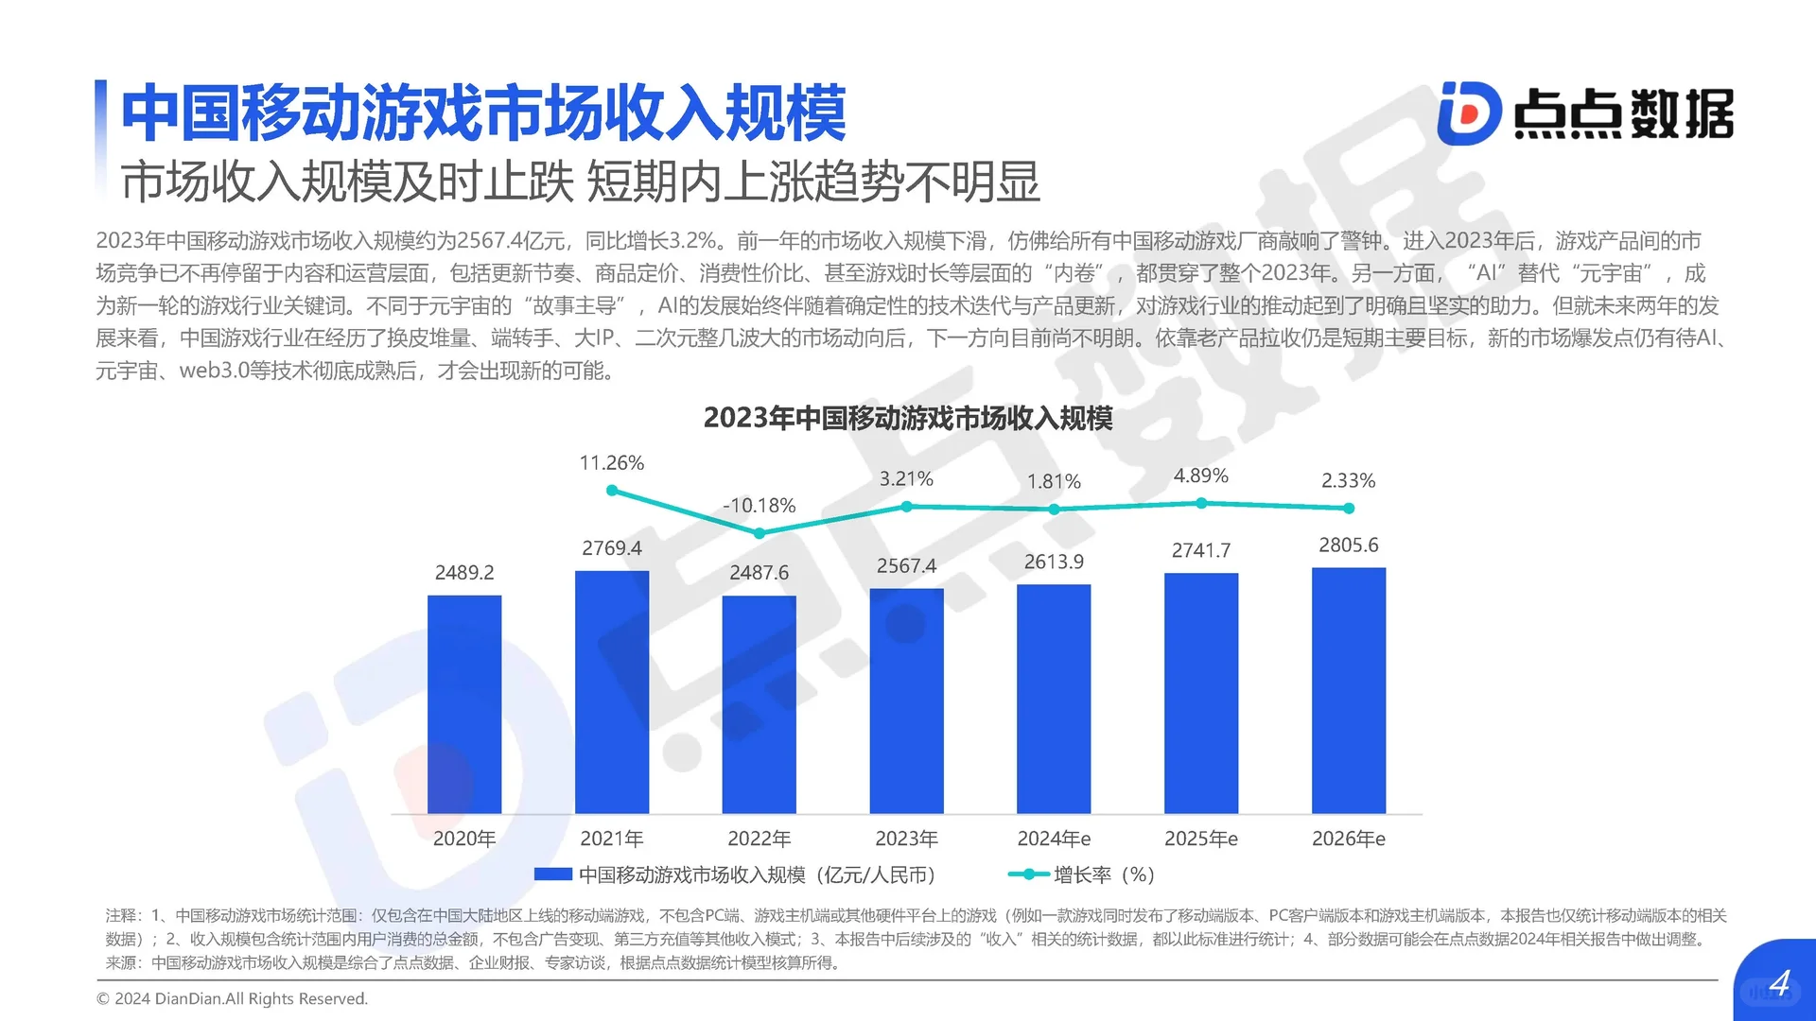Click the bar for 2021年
click(612, 692)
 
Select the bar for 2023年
click(906, 701)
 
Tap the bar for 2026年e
click(1348, 690)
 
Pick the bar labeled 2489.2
click(464, 704)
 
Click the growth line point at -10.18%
click(760, 533)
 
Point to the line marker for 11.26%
click(612, 490)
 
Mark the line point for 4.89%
click(1201, 503)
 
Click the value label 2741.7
click(1201, 550)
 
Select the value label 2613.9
click(1054, 562)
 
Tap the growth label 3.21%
click(906, 479)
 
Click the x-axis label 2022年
click(759, 839)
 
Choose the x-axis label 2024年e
click(1054, 839)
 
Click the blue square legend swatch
click(552, 874)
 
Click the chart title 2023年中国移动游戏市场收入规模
click(908, 418)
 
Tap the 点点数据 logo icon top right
click(1469, 113)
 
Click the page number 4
click(1779, 984)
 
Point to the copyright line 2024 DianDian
click(233, 998)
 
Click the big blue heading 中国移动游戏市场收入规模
click(483, 113)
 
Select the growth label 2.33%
click(1348, 480)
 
